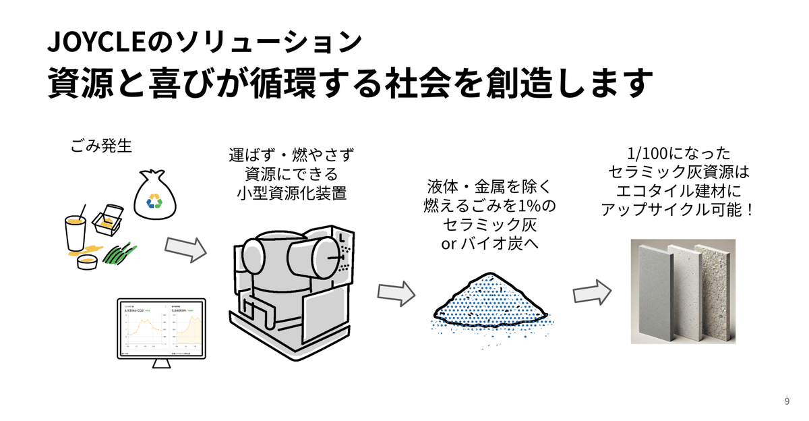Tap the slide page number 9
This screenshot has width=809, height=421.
click(x=787, y=401)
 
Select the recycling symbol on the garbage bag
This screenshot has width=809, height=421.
click(x=155, y=200)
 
